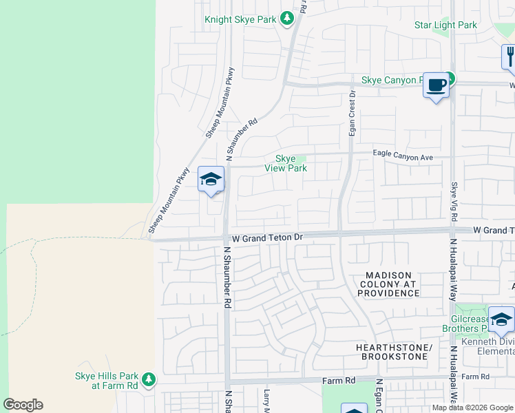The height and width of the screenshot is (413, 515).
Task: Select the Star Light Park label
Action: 445,25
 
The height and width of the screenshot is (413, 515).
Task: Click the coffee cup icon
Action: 435,85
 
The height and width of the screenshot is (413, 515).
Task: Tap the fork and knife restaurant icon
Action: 509,56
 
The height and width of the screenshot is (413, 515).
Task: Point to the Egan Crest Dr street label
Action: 352,113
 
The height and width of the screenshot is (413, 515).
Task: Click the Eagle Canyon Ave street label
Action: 403,158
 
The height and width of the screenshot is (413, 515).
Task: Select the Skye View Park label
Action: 286,163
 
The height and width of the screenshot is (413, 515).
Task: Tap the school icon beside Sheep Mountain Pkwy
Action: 211,180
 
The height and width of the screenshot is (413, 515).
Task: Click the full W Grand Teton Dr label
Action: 267,237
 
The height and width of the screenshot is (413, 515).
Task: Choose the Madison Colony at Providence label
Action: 388,284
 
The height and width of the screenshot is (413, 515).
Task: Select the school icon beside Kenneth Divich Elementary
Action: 501,320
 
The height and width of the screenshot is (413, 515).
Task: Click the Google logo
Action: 23,405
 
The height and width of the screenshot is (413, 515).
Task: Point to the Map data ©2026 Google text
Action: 472,408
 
